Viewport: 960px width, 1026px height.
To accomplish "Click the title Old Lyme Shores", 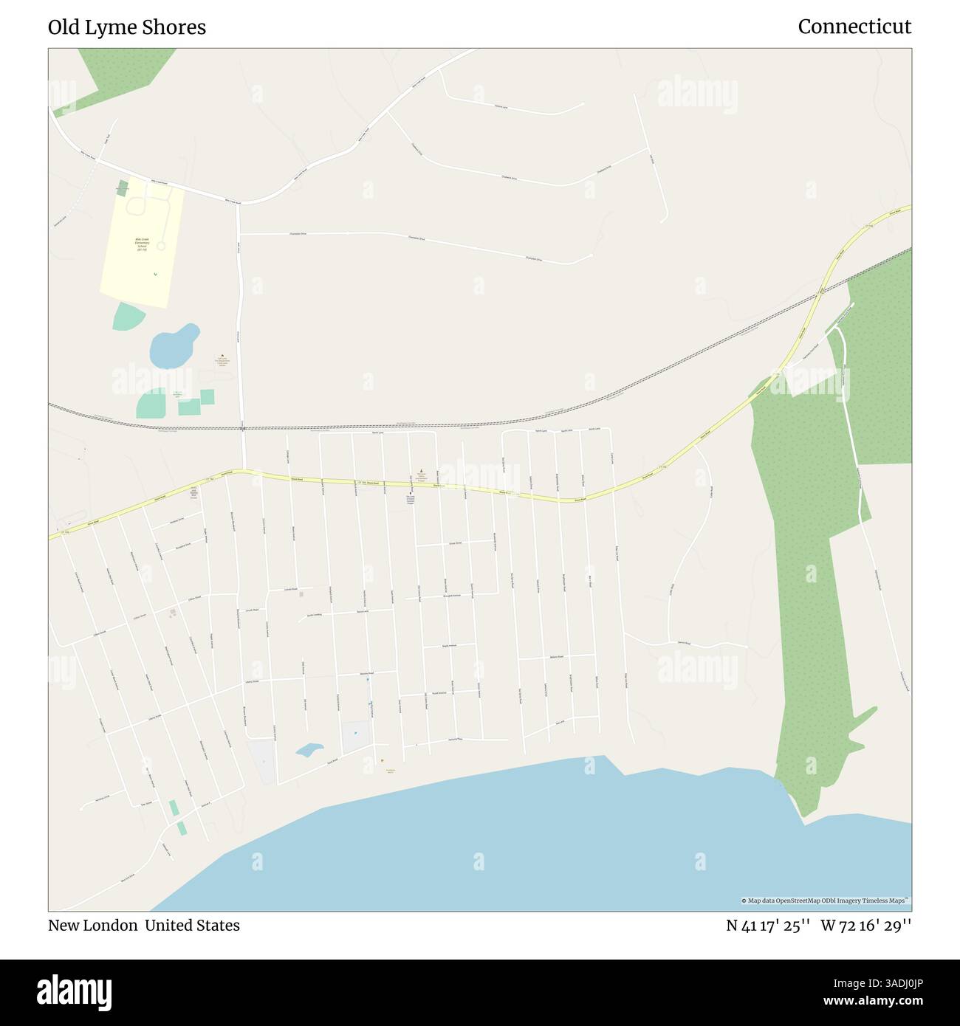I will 127,27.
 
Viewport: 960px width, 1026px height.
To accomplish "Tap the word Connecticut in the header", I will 854,27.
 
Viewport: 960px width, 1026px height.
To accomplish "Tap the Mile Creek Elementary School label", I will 142,244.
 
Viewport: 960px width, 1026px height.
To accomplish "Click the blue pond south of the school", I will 174,346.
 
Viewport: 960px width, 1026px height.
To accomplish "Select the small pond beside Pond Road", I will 309,750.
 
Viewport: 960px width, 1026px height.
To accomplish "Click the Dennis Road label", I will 683,643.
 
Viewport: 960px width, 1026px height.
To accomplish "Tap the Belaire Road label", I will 557,656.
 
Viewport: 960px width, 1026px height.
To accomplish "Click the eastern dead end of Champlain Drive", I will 592,256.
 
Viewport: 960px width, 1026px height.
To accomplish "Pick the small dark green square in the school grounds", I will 122,188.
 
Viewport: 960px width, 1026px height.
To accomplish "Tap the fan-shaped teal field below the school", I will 128,317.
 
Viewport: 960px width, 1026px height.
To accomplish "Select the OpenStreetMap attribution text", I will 826,901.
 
